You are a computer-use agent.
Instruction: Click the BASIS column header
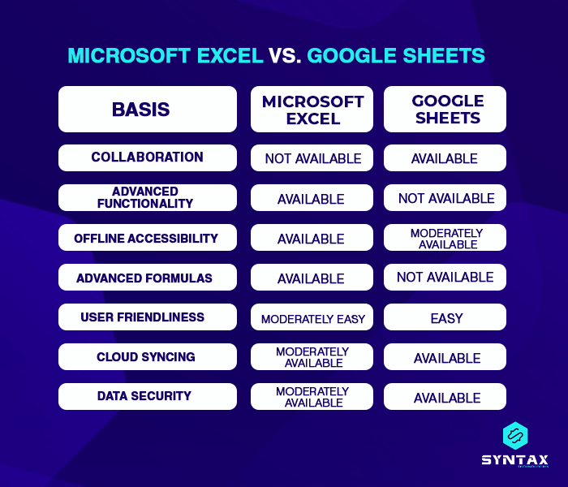147,109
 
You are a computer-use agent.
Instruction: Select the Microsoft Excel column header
312,110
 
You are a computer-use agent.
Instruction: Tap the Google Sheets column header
445,110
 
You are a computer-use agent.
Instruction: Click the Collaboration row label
147,157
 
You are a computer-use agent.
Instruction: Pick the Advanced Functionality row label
147,197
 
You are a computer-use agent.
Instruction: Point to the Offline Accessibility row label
147,238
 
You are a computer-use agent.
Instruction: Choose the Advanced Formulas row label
147,278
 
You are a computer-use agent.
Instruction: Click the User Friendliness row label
147,317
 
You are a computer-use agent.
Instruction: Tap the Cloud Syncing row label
147,357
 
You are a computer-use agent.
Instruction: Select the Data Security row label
147,396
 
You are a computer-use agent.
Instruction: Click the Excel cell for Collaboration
312,158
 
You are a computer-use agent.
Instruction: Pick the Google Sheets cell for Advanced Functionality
445,198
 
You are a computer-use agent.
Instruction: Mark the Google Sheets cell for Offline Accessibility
445,238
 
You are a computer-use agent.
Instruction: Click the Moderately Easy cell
312,318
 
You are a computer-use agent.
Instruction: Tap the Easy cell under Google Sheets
445,318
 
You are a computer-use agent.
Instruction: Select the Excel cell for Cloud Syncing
312,357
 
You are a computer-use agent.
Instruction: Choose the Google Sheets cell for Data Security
445,397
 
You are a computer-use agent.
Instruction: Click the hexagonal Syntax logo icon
514,437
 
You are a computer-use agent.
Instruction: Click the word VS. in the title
286,55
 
